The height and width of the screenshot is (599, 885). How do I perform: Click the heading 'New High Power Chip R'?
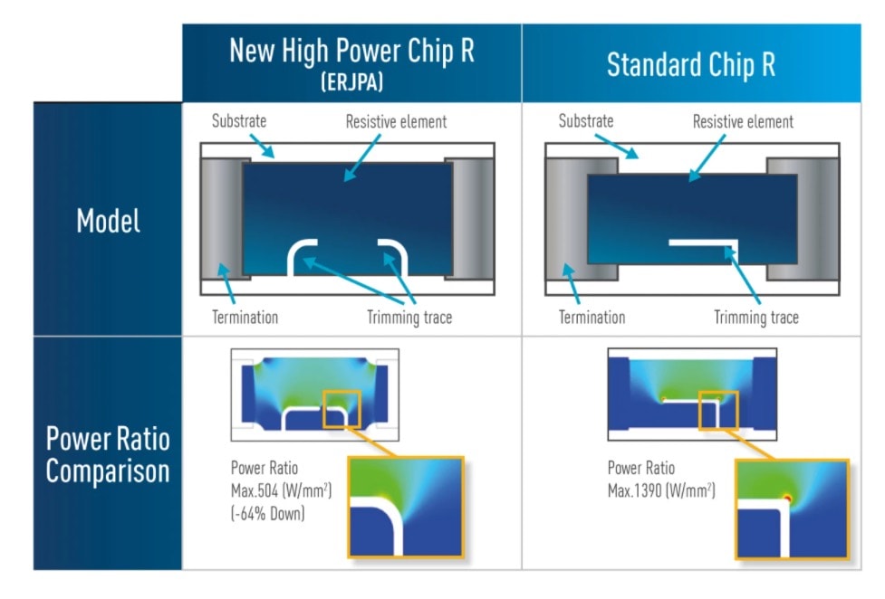[x=351, y=51]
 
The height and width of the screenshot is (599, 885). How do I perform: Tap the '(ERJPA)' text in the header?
[x=351, y=81]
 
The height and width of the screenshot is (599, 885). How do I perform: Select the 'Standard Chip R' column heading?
[x=690, y=65]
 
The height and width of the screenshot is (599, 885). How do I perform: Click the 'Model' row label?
[x=108, y=221]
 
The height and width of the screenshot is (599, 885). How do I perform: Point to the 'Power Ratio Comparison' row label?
[x=108, y=455]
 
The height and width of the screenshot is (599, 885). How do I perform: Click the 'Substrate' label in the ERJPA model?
[x=239, y=120]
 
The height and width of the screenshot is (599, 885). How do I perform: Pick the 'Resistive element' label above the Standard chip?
[x=743, y=121]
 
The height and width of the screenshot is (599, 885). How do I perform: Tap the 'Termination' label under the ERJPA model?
[x=245, y=318]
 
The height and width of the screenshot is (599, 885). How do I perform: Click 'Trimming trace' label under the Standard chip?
[x=756, y=318]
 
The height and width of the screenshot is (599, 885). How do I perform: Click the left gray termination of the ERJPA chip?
[x=222, y=219]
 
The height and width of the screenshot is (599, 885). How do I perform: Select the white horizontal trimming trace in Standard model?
[x=702, y=243]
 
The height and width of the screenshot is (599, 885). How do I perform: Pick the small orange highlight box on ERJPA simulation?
[x=341, y=409]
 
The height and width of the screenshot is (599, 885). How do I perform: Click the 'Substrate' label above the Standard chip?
[x=585, y=120]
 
